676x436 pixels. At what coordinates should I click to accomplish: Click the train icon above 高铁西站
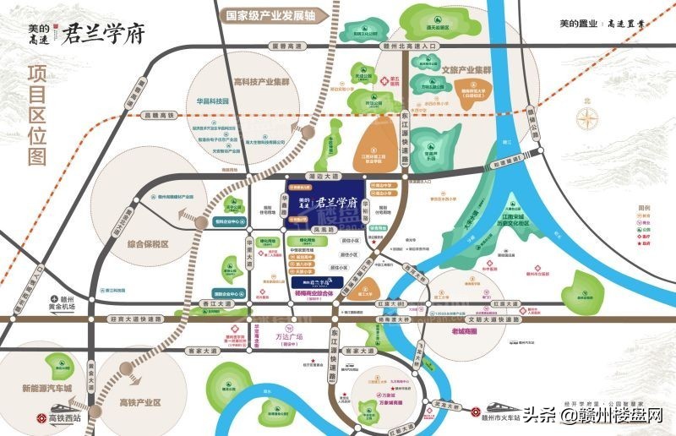point(40,417)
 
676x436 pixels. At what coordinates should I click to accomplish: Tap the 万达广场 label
point(290,337)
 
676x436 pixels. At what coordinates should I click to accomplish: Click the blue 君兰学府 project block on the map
point(324,202)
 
